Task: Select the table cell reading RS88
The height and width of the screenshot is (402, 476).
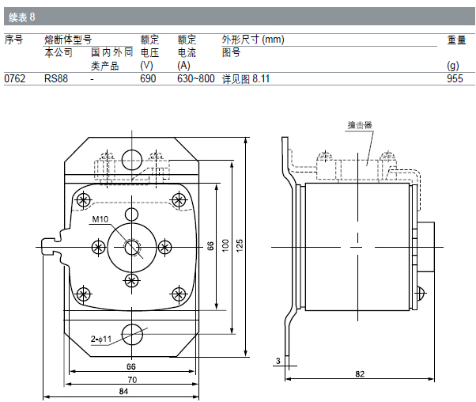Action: (x=55, y=78)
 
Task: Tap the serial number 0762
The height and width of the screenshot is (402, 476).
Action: (x=15, y=78)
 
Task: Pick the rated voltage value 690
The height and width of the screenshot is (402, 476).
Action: (x=148, y=78)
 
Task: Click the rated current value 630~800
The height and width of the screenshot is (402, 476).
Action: (x=195, y=78)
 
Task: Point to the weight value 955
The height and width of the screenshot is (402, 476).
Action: (x=455, y=78)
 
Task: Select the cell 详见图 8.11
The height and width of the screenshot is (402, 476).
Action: (x=246, y=78)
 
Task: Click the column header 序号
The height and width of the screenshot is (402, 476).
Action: (x=13, y=40)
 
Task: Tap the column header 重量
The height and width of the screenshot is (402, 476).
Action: (x=456, y=40)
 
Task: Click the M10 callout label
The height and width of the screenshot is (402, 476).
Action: (x=100, y=219)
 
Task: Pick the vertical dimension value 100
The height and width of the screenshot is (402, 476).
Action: (x=225, y=246)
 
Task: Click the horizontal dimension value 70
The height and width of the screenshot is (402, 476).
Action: (x=131, y=379)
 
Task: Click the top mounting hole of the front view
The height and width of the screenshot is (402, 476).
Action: (x=132, y=159)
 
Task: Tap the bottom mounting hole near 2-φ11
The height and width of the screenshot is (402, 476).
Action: (x=132, y=332)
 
